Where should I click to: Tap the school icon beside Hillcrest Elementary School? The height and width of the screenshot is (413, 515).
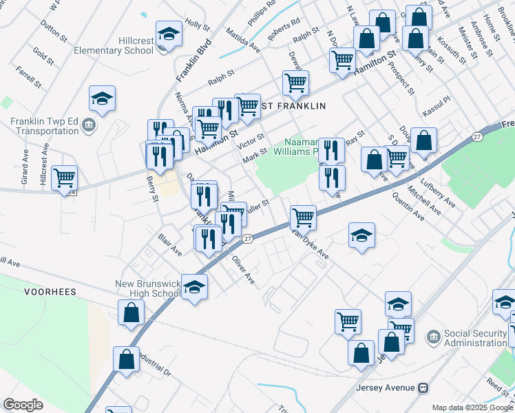coord(167,34)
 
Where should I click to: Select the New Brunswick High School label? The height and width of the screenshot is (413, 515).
coord(147,288)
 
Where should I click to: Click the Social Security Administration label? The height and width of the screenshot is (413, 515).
coord(476,338)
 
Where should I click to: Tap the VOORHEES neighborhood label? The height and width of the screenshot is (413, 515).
coord(50,292)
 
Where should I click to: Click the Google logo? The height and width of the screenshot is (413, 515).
coord(23,404)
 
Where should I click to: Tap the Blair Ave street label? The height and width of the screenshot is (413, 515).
coord(169,244)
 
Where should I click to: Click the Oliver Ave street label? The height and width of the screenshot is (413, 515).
coord(243,271)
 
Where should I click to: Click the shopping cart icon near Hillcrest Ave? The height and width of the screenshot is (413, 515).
coord(64,178)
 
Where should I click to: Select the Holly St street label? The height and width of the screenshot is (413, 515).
coord(197,25)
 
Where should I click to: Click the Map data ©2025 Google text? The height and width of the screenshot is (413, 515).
coord(472,407)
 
